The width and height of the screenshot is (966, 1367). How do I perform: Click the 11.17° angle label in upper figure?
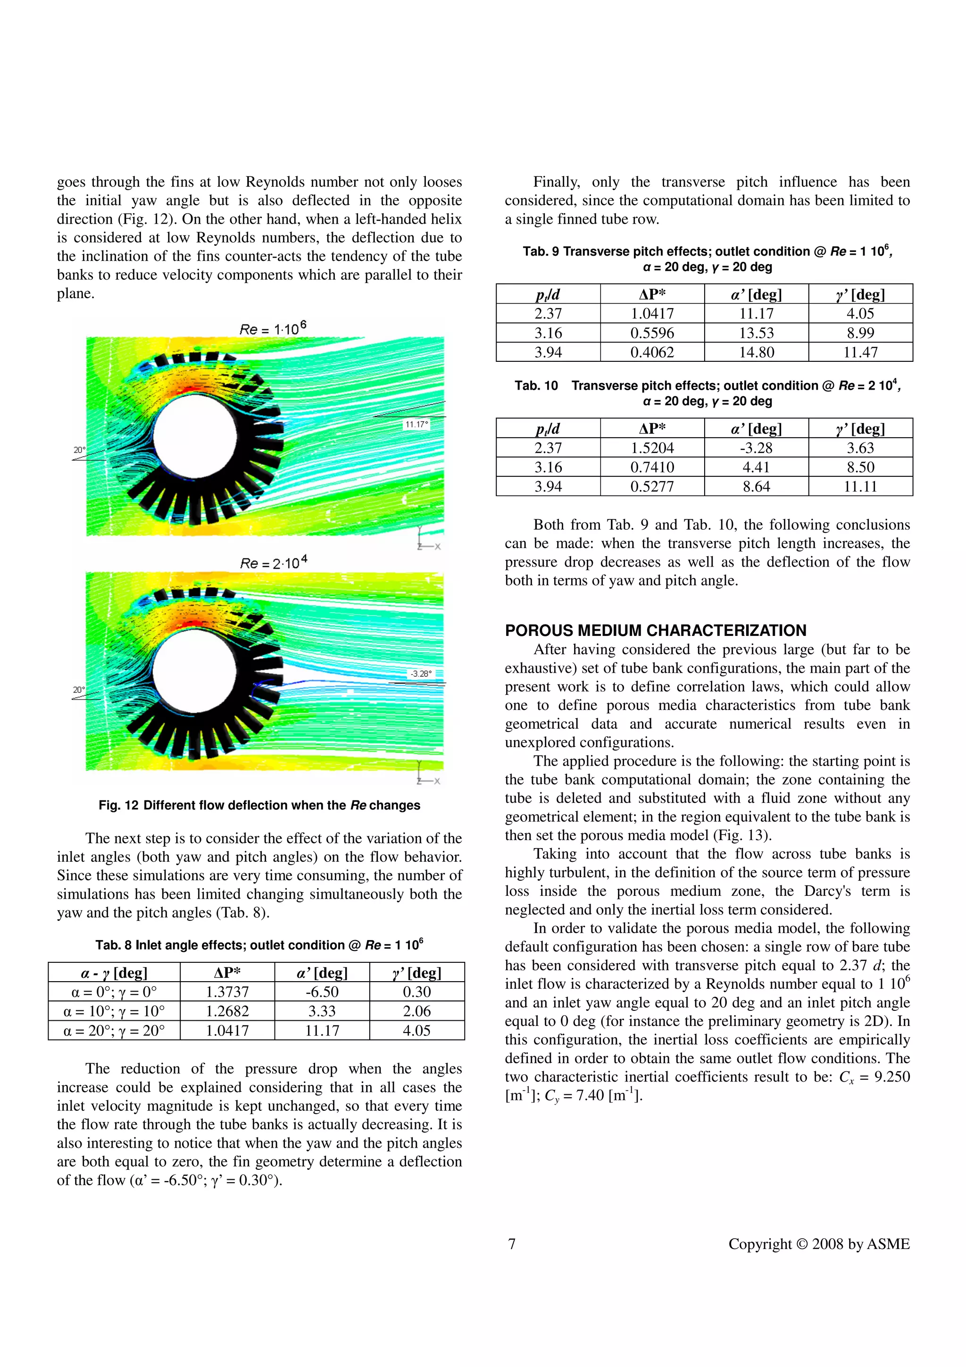[416, 425]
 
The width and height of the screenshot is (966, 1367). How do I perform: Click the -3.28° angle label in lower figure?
[420, 674]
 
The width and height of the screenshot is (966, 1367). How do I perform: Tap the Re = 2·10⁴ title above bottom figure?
[273, 562]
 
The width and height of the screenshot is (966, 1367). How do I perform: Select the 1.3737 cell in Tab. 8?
[227, 992]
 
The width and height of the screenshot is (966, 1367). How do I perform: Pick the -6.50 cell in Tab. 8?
[322, 992]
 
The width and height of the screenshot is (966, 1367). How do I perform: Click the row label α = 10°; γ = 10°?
[114, 1011]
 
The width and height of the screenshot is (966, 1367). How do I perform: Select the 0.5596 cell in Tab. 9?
[652, 333]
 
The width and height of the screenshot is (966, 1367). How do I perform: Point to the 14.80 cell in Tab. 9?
[757, 352]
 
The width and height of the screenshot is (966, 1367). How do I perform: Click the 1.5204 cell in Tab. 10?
[652, 448]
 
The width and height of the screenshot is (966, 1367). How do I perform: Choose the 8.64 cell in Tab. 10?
[757, 486]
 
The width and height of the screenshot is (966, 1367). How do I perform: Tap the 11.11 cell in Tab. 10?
[861, 486]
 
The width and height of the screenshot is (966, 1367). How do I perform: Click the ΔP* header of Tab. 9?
[652, 294]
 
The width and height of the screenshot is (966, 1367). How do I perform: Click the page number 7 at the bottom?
[512, 1244]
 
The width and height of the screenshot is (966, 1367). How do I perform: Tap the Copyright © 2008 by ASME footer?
[819, 1244]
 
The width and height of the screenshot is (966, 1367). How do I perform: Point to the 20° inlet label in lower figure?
[79, 690]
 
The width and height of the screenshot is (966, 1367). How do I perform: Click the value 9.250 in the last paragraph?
[891, 1076]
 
